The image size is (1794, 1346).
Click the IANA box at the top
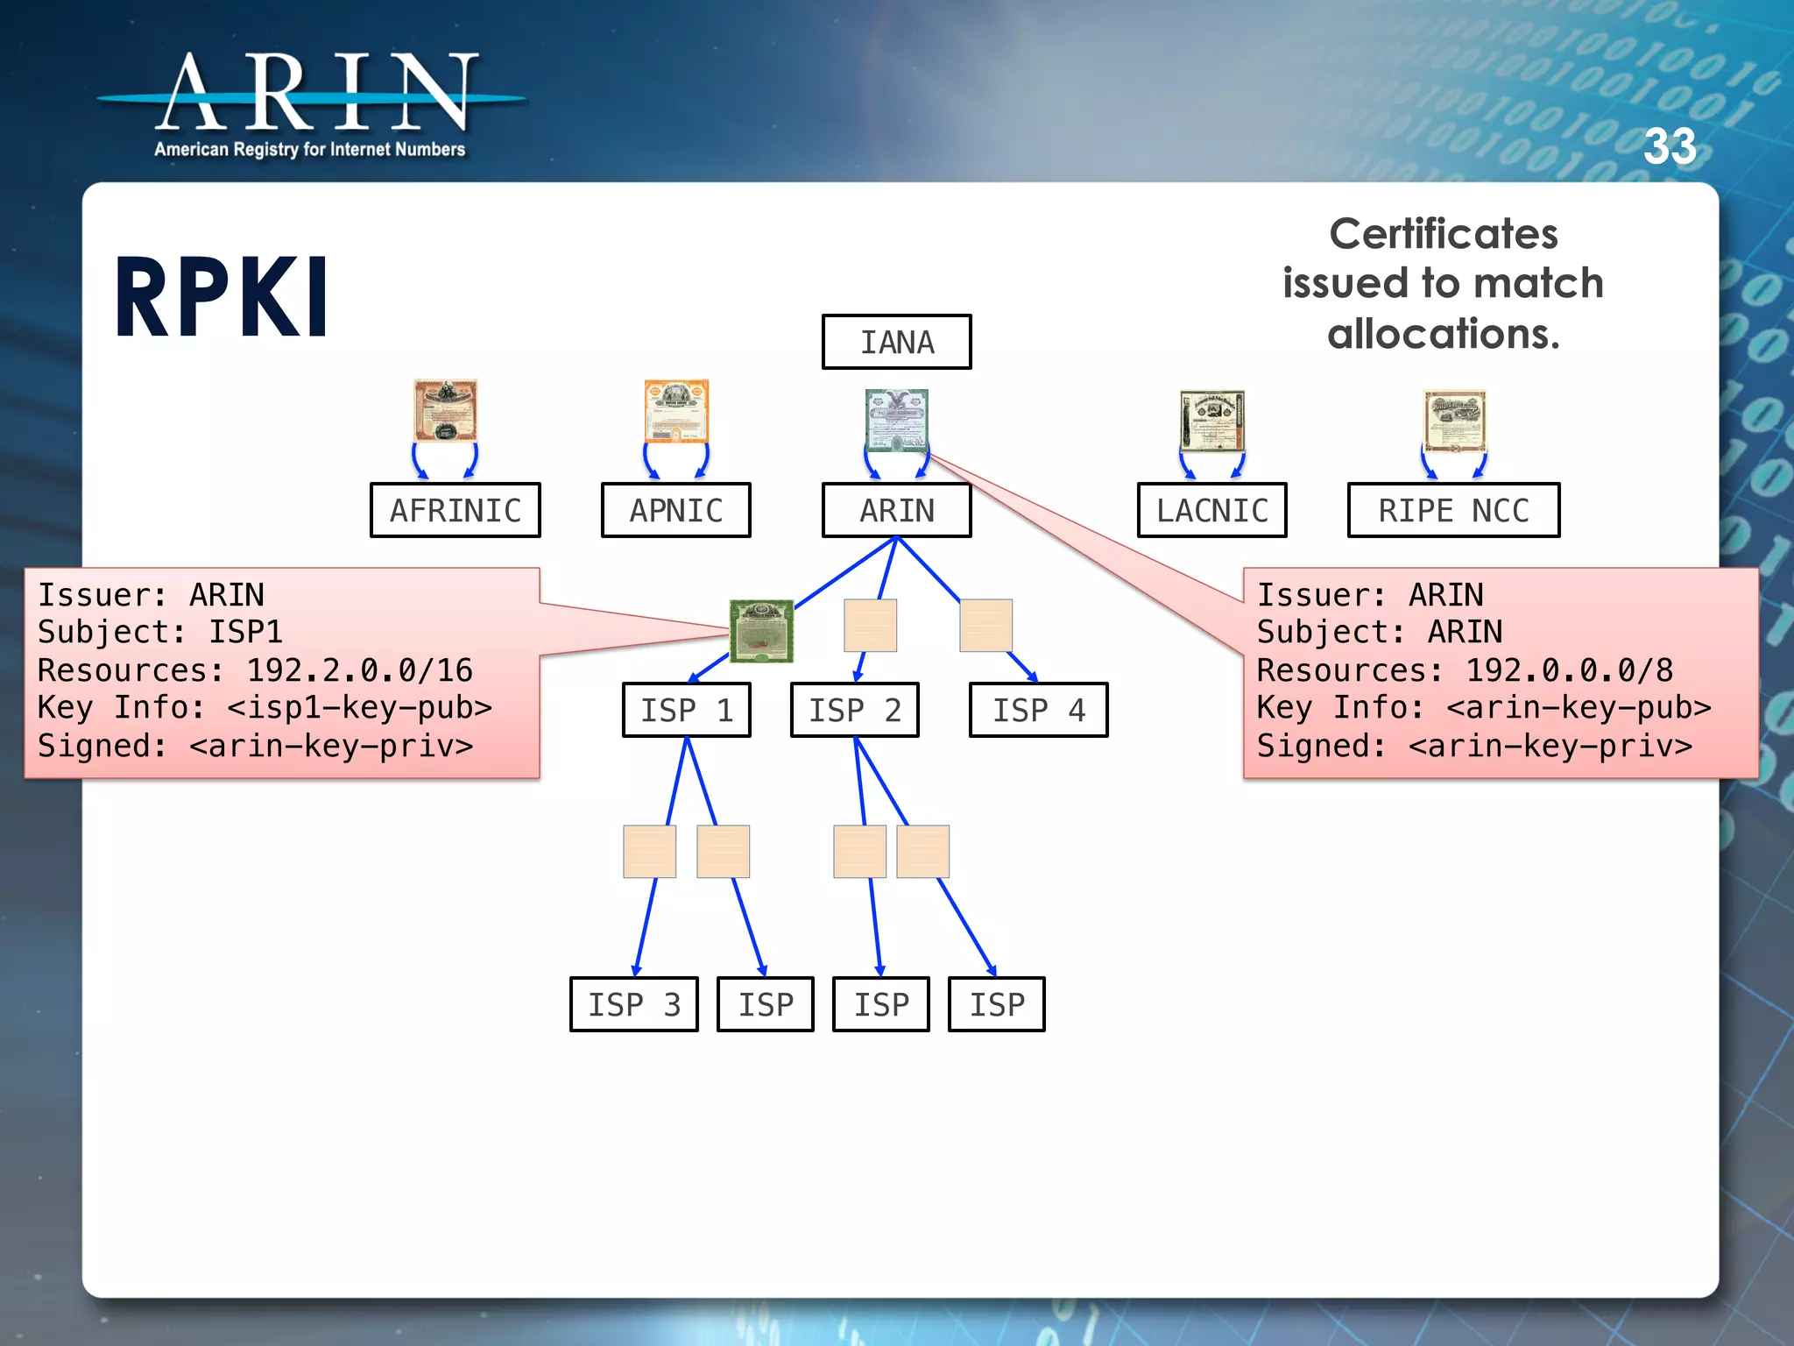point(896,342)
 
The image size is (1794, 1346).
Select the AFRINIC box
point(455,510)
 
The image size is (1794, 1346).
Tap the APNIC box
point(675,510)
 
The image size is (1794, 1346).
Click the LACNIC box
point(1211,510)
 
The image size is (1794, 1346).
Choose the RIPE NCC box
point(1453,510)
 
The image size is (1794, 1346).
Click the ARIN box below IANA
point(896,510)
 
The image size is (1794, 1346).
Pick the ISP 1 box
point(687,710)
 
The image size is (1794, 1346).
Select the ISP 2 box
point(854,710)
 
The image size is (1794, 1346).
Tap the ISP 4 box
point(1038,710)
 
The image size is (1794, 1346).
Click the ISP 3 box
point(633,1004)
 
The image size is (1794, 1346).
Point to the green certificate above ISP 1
point(761,631)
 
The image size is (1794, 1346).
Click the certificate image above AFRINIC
point(446,410)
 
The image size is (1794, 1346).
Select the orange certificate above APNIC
point(675,411)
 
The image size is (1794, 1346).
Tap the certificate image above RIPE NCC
point(1454,421)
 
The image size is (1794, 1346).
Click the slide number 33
point(1670,146)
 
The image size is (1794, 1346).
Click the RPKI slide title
point(222,298)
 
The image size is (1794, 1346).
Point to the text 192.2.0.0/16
point(359,670)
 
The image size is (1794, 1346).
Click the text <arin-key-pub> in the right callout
point(1579,707)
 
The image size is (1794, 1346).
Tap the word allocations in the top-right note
point(1443,334)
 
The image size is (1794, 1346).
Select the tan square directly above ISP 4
point(985,626)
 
